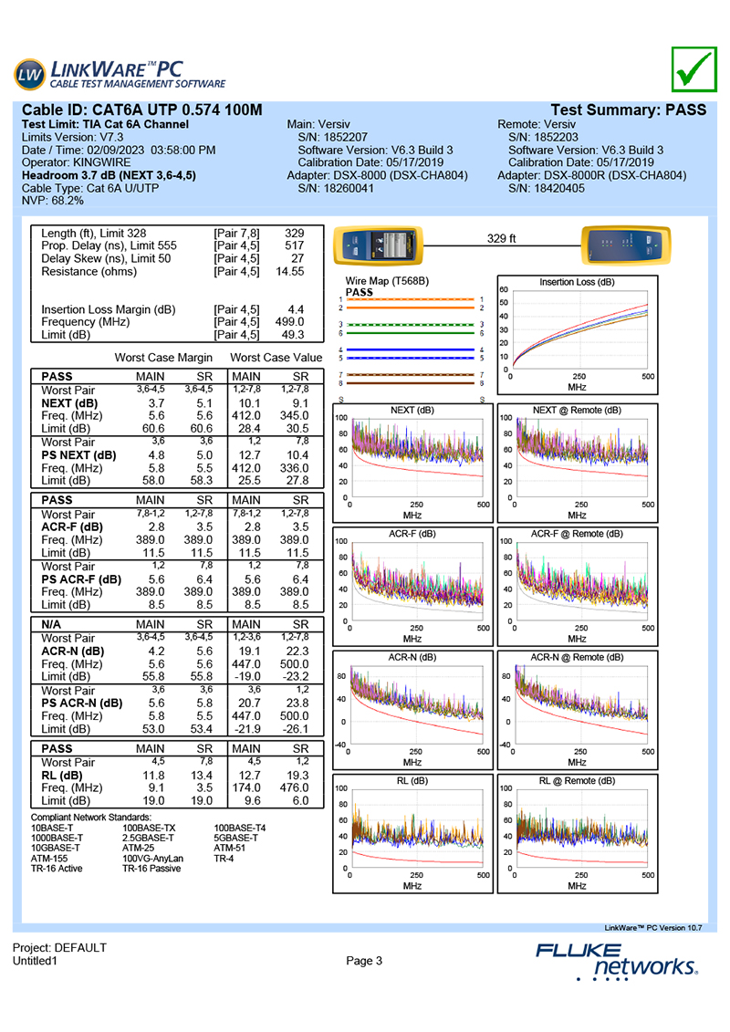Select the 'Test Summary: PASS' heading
tap(630, 109)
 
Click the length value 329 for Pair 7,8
tap(294, 234)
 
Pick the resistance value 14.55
tap(290, 272)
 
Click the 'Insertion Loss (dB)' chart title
tap(577, 282)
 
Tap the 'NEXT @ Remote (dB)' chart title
tap(577, 411)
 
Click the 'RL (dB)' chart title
tap(412, 781)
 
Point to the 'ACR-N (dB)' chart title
tap(412, 657)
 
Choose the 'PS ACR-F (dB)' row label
tap(80, 578)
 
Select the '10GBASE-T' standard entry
tap(55, 848)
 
